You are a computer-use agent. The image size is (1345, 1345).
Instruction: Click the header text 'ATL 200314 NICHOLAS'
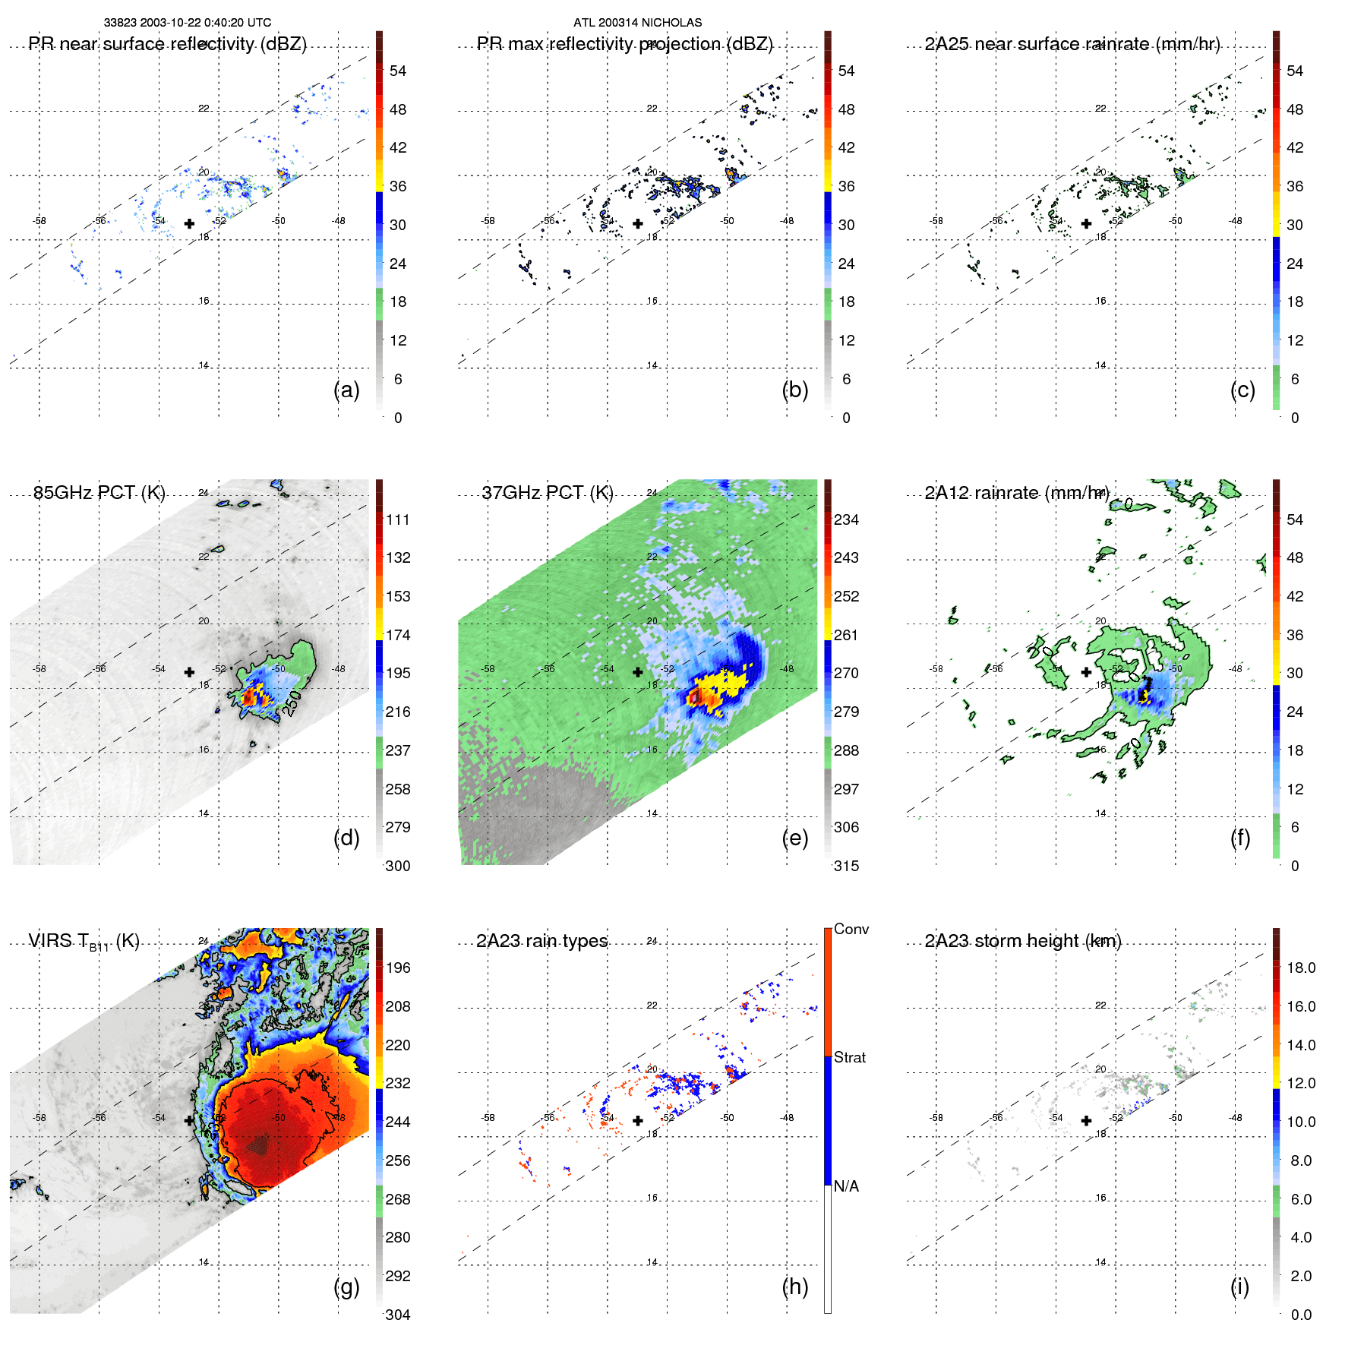[637, 23]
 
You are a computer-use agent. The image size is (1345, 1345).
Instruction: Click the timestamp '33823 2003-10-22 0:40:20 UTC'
[188, 23]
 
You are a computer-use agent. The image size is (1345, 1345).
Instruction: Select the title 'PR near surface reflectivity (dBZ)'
[168, 44]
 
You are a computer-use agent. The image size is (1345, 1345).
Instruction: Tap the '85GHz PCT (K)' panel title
[99, 493]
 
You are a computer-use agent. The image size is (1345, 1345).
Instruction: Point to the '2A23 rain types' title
[542, 941]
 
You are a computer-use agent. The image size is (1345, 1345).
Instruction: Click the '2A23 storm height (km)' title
[1023, 941]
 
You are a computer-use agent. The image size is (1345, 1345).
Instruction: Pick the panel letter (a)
[346, 390]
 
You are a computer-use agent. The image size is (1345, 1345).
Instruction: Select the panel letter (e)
[795, 838]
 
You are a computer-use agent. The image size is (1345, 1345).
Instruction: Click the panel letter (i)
[1239, 1287]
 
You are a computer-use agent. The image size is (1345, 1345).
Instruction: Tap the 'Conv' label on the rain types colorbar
[851, 929]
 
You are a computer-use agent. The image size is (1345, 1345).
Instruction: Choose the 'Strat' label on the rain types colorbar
[850, 1057]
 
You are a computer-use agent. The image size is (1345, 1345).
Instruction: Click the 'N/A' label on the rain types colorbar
[846, 1186]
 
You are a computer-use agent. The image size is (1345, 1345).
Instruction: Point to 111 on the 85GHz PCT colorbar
[398, 519]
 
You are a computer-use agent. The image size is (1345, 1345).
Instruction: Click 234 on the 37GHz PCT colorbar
[846, 519]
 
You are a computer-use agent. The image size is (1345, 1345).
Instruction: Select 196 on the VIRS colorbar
[398, 968]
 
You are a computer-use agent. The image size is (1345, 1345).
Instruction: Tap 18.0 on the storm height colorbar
[1301, 968]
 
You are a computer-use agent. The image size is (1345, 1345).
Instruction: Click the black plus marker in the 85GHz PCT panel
[189, 672]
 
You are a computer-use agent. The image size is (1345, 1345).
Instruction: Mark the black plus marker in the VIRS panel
[189, 1120]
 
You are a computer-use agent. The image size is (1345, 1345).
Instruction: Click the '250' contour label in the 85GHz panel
[291, 704]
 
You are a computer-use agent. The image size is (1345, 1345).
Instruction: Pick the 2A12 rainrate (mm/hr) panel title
[1017, 493]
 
